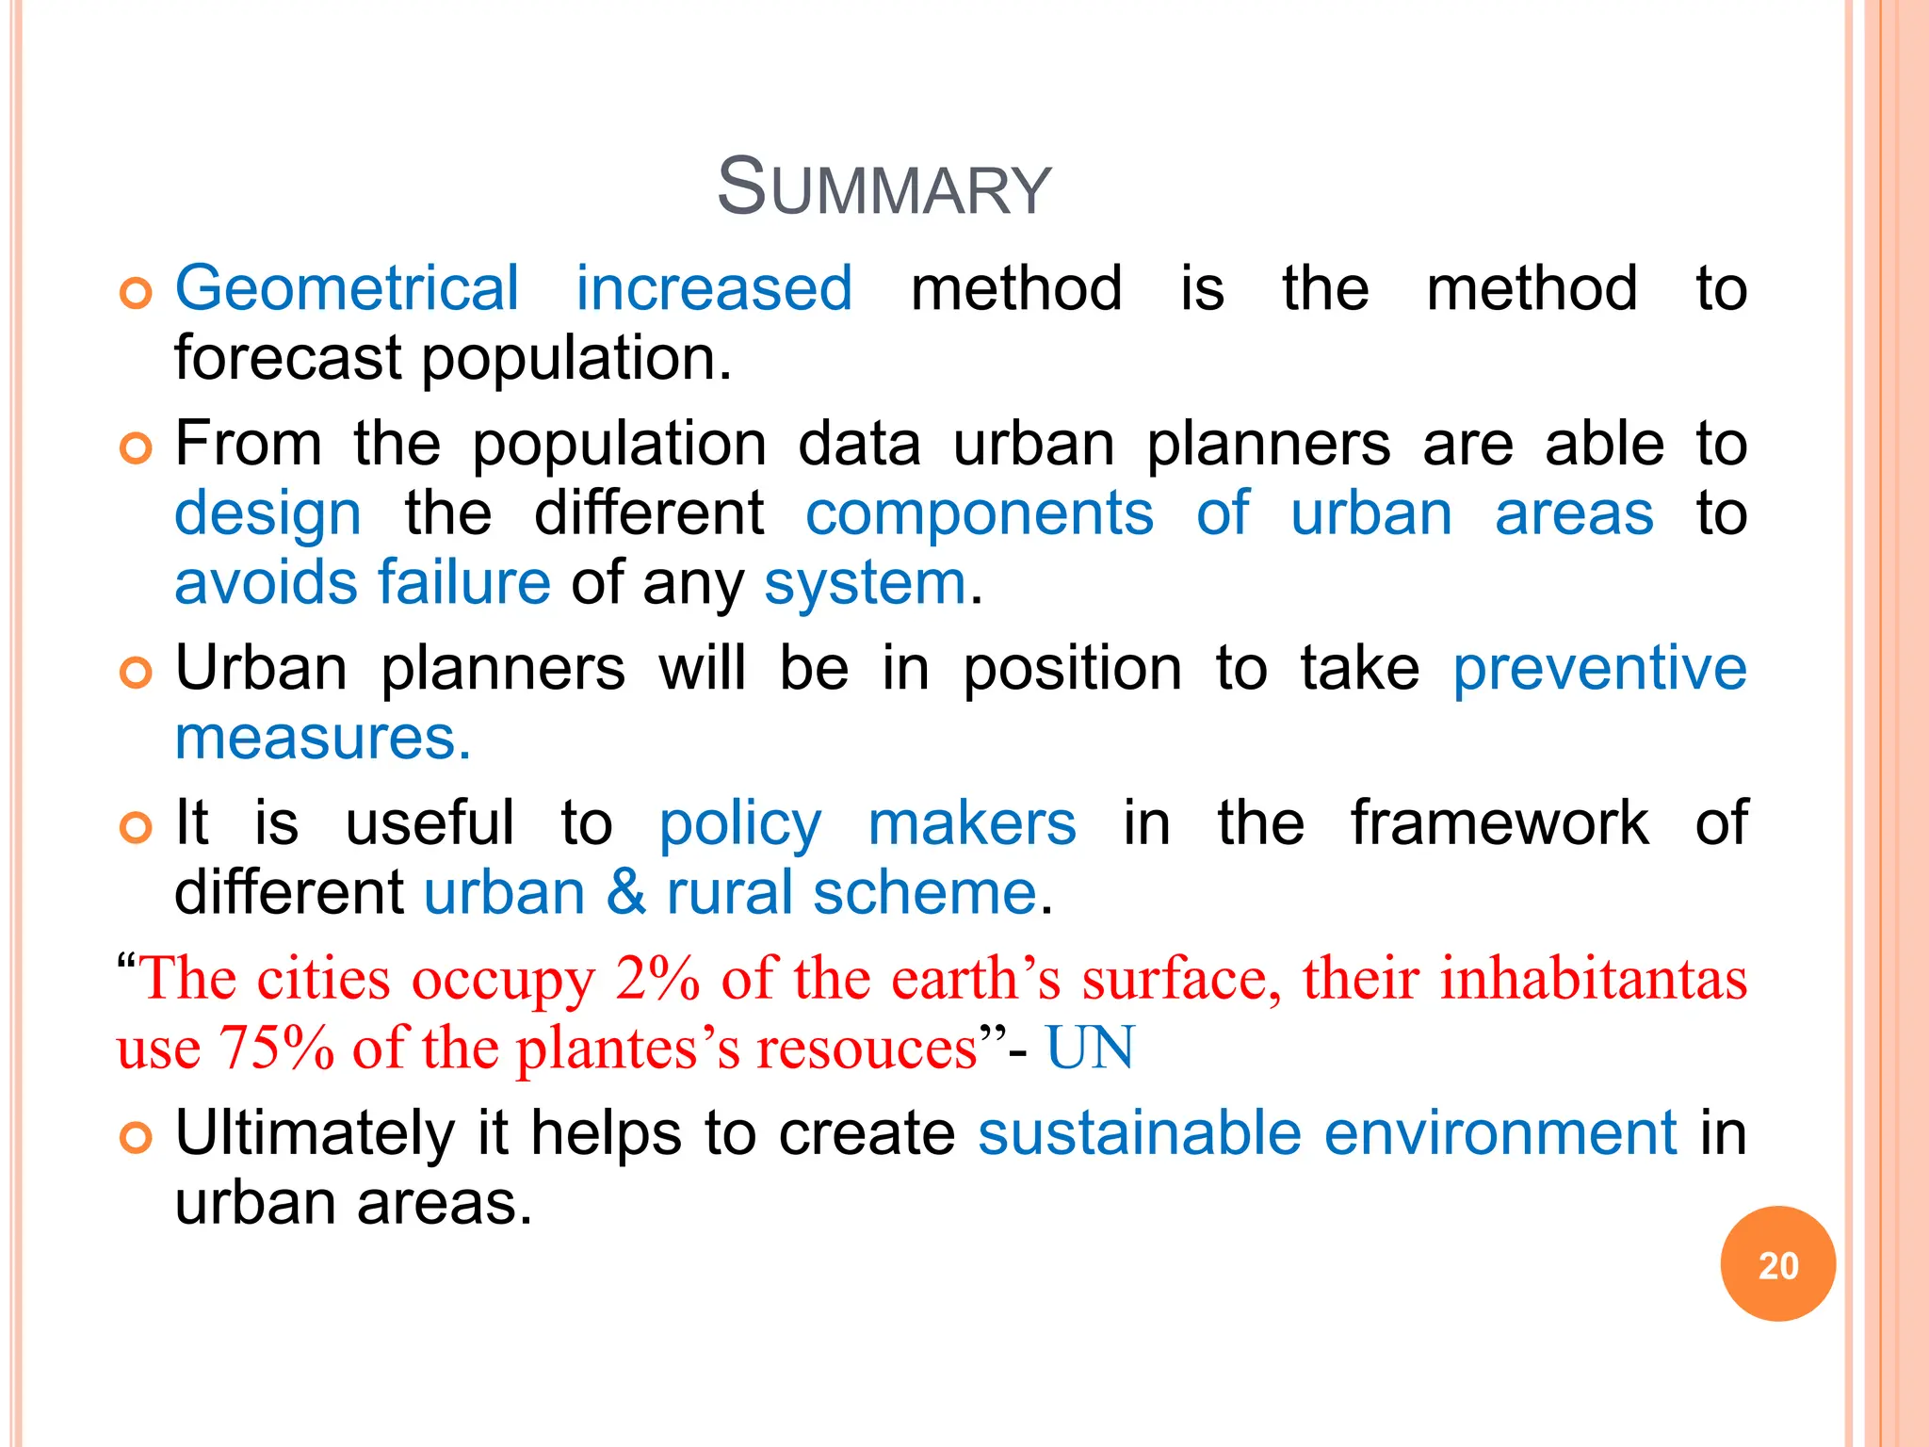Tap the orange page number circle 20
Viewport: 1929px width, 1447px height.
(x=1777, y=1264)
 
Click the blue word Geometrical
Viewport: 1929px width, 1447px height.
(x=347, y=288)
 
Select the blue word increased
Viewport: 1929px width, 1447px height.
(x=714, y=288)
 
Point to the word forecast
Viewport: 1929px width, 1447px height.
(x=287, y=359)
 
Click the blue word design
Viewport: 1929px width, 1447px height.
(x=267, y=515)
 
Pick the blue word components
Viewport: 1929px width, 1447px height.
(x=979, y=515)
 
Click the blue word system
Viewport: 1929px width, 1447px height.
(x=865, y=583)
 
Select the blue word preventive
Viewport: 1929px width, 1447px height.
(x=1599, y=669)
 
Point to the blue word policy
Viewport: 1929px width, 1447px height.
(x=739, y=824)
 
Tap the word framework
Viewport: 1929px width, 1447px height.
(x=1499, y=823)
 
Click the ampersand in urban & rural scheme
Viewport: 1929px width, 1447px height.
(x=626, y=893)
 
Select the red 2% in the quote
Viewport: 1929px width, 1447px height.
(x=657, y=979)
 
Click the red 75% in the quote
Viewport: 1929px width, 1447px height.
(x=276, y=1048)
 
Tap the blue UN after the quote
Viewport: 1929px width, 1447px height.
(x=1090, y=1048)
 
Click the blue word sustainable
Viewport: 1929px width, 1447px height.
(x=1139, y=1133)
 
